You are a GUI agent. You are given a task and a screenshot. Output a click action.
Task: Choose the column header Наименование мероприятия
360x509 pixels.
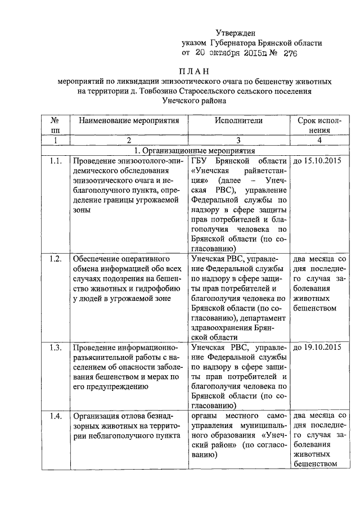[129, 120]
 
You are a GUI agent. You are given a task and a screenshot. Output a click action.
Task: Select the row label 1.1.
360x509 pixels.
[55, 162]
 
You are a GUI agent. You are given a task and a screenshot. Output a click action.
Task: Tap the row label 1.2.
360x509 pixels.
[55, 259]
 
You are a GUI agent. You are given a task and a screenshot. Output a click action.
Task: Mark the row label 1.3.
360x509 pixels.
[55, 346]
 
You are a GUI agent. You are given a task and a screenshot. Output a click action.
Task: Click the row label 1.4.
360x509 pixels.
[55, 416]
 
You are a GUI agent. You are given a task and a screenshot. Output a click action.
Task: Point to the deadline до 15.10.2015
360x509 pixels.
[317, 162]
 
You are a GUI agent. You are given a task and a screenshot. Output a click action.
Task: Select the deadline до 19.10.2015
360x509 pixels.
[317, 346]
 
